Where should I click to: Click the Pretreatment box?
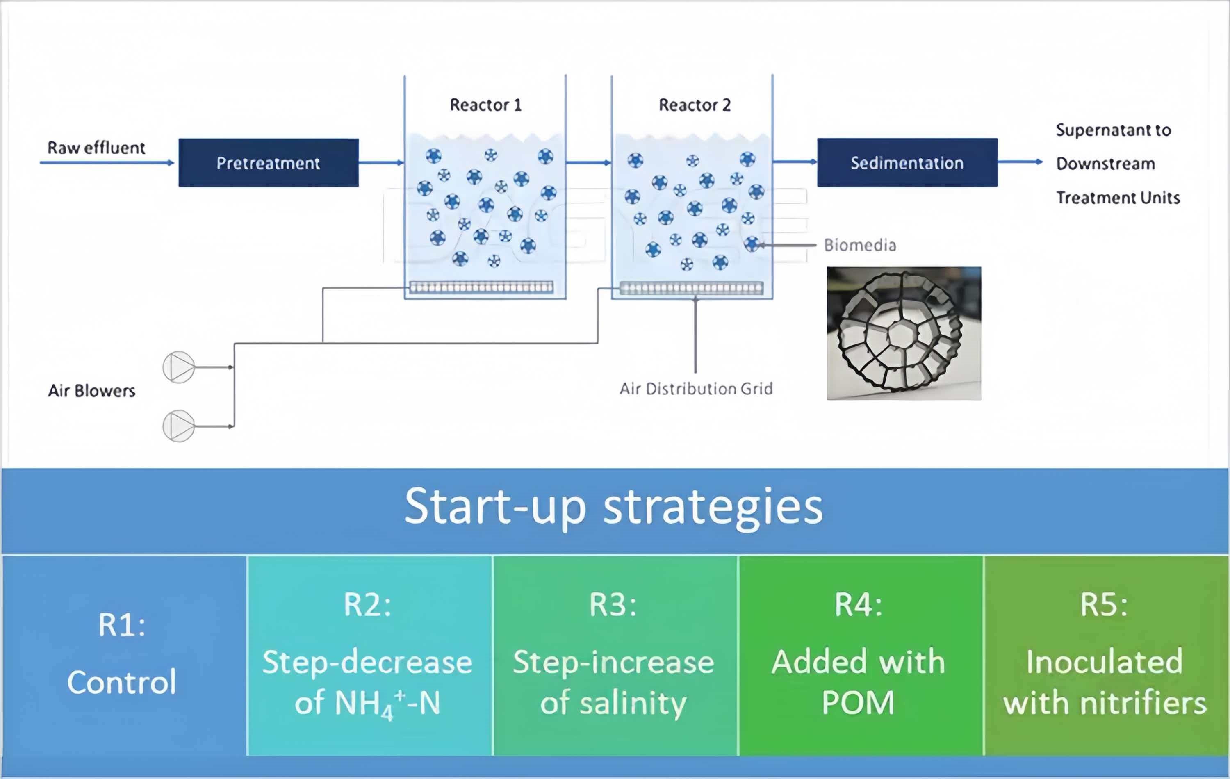268,162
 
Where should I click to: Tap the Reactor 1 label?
485,105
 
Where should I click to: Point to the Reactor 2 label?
695,105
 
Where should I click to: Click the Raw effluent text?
96,148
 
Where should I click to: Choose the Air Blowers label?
91,391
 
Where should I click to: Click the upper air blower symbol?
179,367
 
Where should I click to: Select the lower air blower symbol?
179,426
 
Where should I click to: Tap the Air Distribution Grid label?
696,389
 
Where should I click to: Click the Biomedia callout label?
860,245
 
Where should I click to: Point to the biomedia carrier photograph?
903,333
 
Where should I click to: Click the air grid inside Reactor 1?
481,287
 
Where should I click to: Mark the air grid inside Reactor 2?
691,288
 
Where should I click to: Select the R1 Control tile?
123,655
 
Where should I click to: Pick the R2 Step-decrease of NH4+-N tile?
368,655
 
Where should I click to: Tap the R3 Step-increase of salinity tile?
614,655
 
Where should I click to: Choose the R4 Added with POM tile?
859,655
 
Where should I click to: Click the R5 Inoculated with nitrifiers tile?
1105,655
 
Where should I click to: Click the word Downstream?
1105,164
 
